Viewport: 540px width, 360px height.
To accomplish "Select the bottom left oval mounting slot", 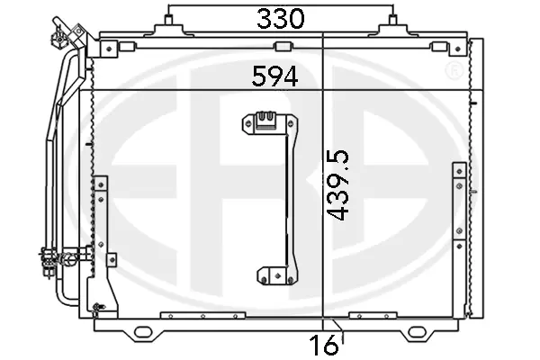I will (x=143, y=333).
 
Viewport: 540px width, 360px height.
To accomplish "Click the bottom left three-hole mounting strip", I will (x=202, y=316).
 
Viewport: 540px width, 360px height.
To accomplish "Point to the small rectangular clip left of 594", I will (x=282, y=48).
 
